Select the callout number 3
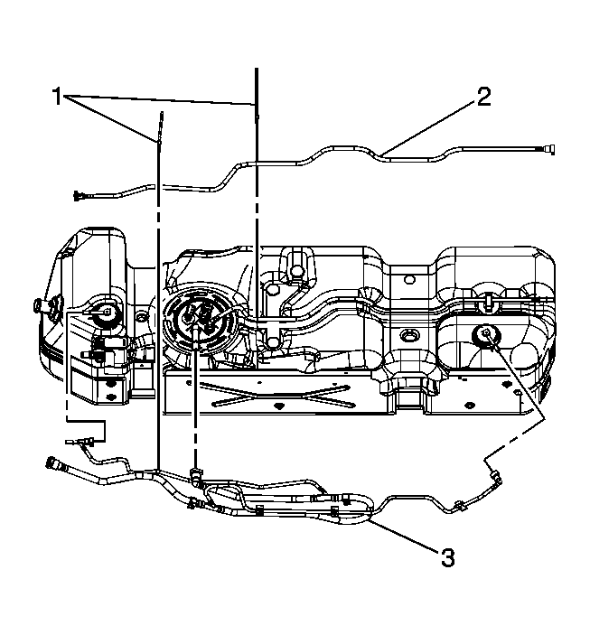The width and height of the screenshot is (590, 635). click(446, 557)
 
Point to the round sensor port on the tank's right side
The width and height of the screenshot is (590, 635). click(485, 335)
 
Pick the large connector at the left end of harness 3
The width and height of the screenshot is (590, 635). click(55, 466)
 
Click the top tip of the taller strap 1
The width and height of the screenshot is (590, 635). click(258, 70)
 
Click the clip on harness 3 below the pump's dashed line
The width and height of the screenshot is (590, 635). click(196, 472)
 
